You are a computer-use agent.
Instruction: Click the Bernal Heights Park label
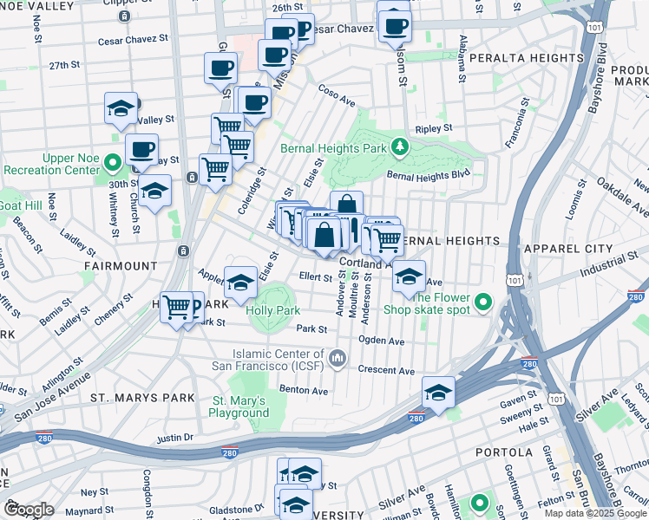333,148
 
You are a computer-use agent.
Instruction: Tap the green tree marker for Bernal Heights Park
398,146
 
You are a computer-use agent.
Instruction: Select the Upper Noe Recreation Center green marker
112,162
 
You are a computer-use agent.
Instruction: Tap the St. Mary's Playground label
241,406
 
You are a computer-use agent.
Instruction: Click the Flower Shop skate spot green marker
484,303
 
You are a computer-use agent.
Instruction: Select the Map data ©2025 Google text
595,513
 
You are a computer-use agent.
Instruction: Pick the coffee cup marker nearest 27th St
220,68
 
